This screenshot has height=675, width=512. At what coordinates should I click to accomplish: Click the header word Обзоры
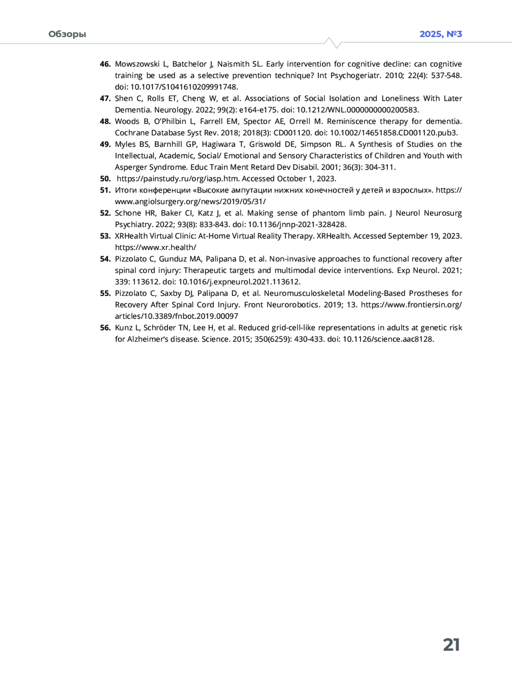(67, 34)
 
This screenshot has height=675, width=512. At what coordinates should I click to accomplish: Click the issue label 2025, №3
(441, 34)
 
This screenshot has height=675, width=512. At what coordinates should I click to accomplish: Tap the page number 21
(451, 645)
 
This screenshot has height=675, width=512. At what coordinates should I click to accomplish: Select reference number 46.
(105, 64)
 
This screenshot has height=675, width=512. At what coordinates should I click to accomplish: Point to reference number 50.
(105, 179)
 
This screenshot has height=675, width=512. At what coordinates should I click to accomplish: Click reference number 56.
(105, 328)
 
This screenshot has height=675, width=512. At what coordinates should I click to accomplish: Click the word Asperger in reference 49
(130, 167)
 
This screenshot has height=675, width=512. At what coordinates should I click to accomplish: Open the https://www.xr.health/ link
(155, 248)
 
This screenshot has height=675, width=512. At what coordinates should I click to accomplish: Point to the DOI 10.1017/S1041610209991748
(183, 87)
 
